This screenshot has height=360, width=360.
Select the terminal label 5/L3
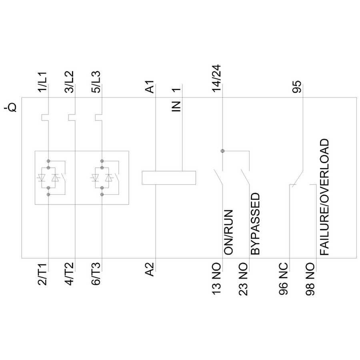(x=96, y=83)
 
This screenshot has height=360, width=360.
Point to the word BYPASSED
(x=255, y=224)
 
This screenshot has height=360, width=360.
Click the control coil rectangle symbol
(x=169, y=178)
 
